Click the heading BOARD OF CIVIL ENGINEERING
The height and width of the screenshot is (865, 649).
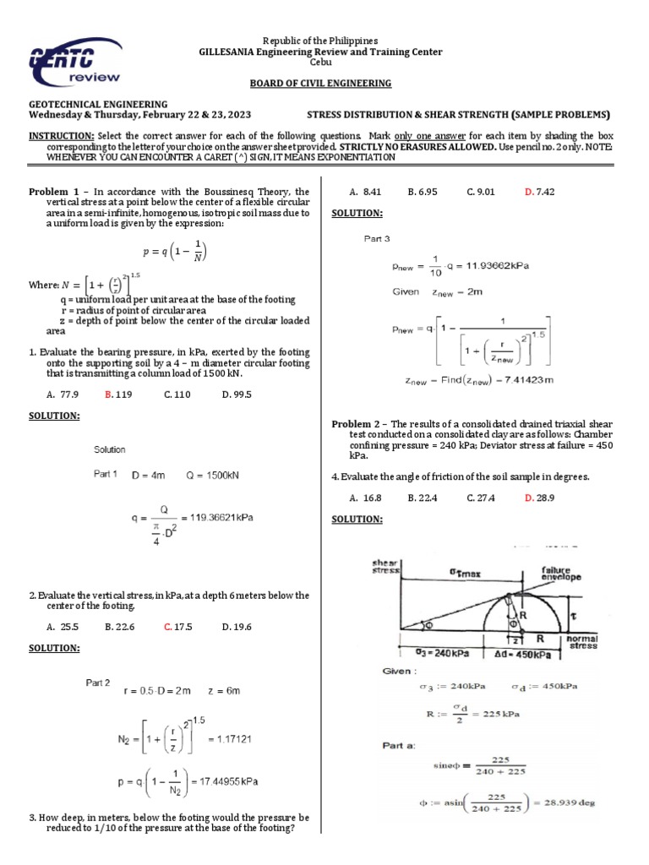320,83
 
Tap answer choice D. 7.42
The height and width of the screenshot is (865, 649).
539,192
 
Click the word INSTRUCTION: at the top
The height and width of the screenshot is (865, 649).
62,135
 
